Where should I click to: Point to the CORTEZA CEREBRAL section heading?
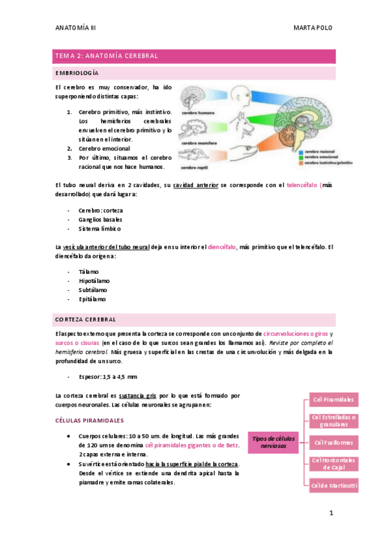86,319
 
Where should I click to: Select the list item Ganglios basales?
100,219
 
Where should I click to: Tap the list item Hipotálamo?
94,280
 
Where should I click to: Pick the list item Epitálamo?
92,299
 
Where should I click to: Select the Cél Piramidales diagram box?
333,399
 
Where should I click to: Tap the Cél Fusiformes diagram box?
333,442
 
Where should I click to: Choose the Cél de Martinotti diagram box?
333,486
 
